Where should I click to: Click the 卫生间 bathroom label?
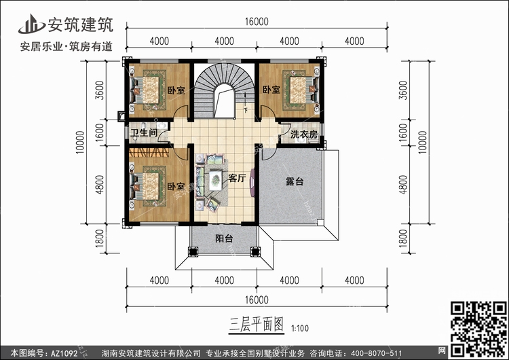point(144,133)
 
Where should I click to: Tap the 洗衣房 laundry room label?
point(304,134)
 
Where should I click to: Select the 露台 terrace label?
point(295,181)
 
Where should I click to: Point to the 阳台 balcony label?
point(224,238)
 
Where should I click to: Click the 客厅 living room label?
point(237,178)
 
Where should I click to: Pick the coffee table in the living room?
point(215,180)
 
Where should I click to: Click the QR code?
point(478,329)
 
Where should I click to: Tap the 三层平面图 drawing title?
point(257,325)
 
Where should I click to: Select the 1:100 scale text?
point(300,329)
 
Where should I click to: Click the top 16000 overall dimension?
point(257,22)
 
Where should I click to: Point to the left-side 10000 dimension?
point(80,143)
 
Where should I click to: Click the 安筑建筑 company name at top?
point(81,24)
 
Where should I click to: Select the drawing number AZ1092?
point(64,353)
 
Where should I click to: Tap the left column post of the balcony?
point(193,252)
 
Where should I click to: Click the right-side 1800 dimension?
point(403,238)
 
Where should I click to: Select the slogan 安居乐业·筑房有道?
point(67,47)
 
